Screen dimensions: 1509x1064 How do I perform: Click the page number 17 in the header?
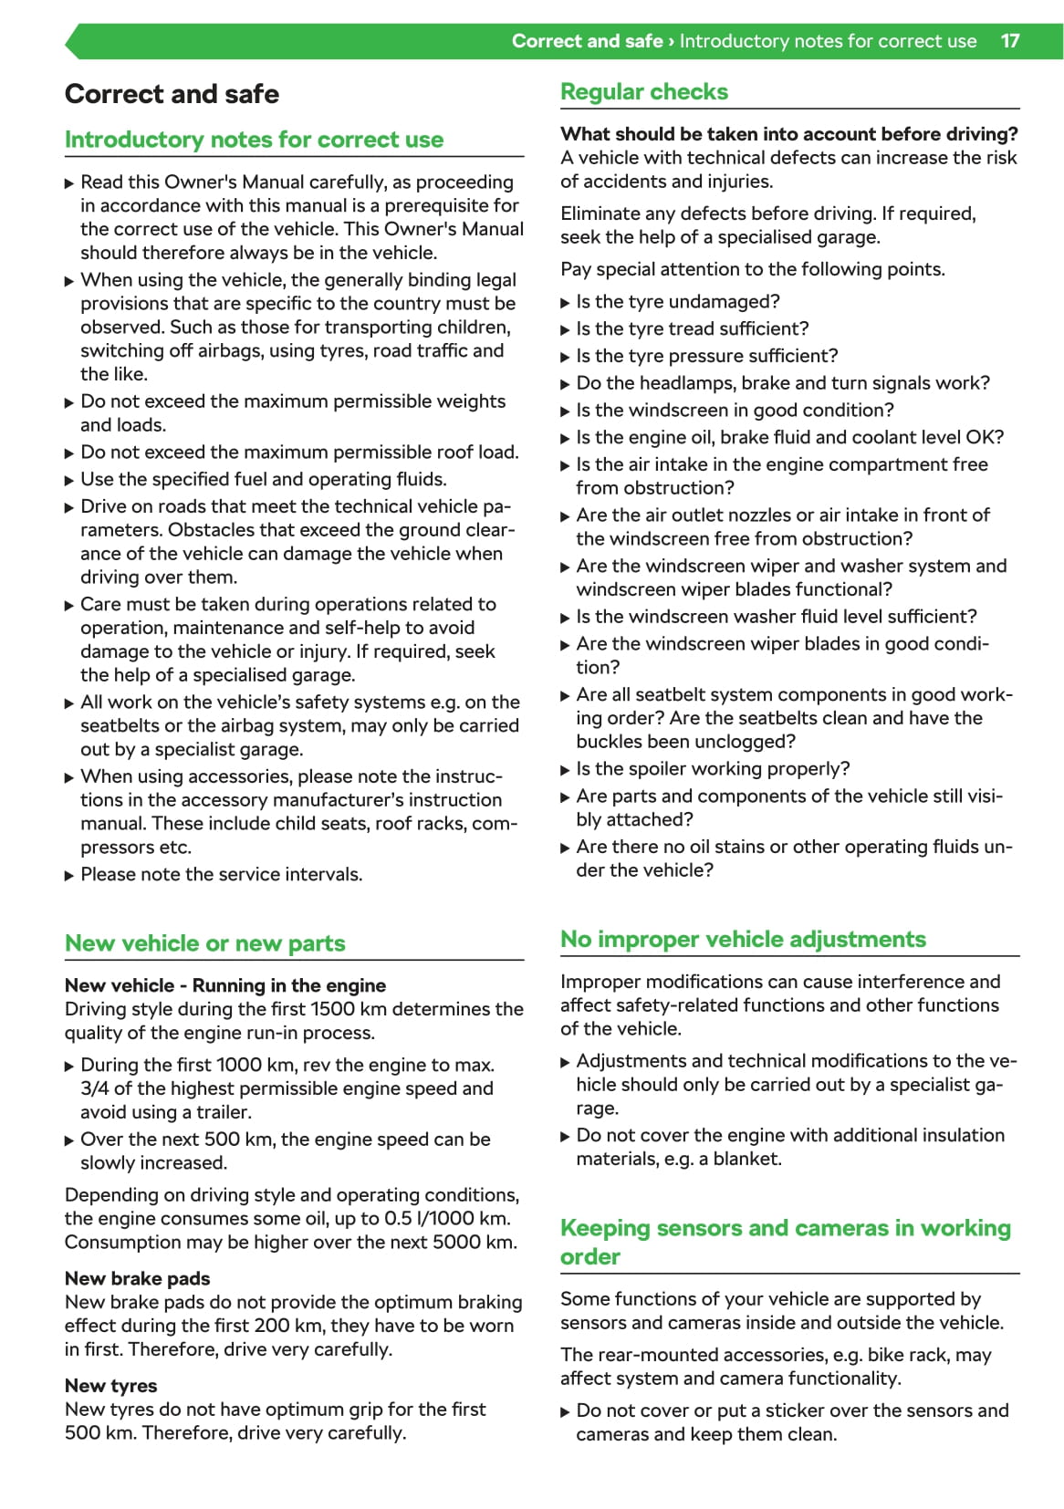click(1009, 41)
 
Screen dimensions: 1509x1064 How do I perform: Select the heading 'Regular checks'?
click(643, 92)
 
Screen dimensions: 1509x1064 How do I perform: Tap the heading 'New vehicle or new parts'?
click(204, 943)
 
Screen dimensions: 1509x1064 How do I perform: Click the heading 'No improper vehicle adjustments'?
click(743, 940)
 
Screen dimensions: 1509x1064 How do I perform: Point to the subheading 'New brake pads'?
click(137, 1278)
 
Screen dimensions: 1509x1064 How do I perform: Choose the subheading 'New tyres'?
click(110, 1386)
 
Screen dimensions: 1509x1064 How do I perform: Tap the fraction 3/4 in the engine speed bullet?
click(94, 1088)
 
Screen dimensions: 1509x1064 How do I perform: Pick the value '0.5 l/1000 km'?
click(447, 1219)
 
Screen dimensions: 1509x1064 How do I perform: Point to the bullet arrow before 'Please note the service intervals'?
click(69, 876)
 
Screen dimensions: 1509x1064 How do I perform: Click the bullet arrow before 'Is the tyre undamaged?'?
click(565, 303)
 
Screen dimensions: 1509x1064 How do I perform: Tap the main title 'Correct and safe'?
click(172, 94)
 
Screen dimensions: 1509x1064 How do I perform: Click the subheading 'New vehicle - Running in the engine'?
click(224, 985)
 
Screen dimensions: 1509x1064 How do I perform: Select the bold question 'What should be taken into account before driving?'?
click(788, 134)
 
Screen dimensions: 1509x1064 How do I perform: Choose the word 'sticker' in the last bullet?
click(795, 1410)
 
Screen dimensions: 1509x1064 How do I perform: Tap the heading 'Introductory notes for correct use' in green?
click(254, 140)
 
